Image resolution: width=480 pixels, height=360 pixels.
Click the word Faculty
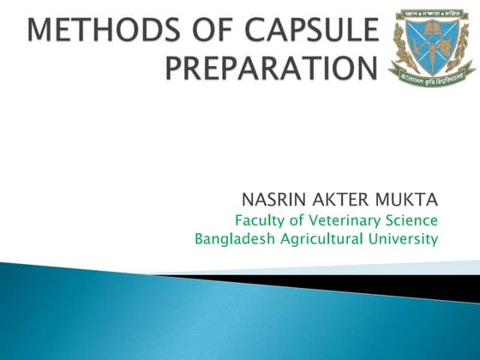250,219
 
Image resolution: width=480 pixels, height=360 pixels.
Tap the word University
405,239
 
